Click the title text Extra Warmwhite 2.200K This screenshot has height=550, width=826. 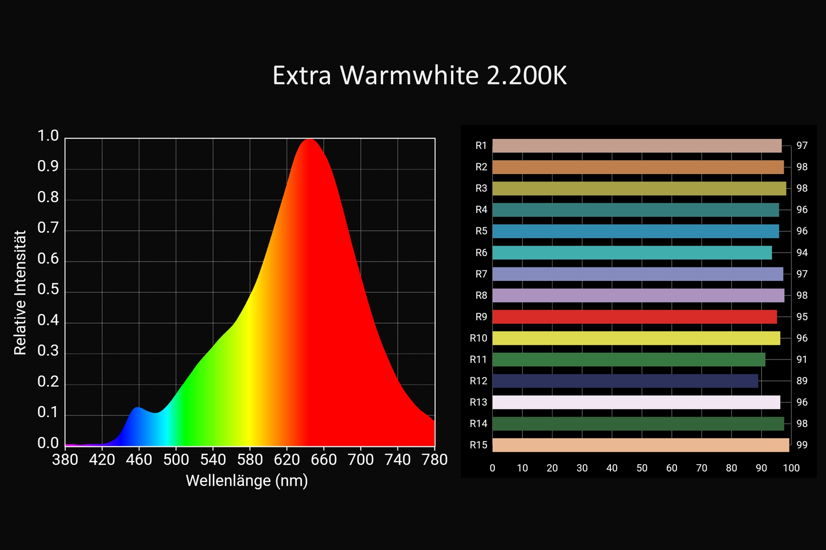[x=419, y=75]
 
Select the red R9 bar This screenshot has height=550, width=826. [x=635, y=317]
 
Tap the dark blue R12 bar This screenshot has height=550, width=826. [x=625, y=381]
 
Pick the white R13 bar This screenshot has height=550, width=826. [x=636, y=402]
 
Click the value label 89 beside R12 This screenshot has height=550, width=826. [x=802, y=381]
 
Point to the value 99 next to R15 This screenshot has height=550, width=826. [x=802, y=445]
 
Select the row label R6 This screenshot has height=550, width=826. [x=481, y=253]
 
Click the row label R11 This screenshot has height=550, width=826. [x=478, y=360]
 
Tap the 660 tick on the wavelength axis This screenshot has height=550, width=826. [x=324, y=459]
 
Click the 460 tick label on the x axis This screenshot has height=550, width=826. [x=139, y=459]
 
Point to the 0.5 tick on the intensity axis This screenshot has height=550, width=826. [x=48, y=290]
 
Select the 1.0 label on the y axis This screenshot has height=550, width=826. [x=48, y=136]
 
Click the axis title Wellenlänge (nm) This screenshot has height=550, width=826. [x=247, y=481]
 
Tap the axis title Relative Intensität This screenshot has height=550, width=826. [x=20, y=292]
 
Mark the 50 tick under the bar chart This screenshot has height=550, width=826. [x=642, y=468]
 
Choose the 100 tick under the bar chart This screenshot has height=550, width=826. [x=791, y=468]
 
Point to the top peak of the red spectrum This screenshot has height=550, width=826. [x=310, y=139]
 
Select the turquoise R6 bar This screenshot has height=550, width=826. [x=632, y=253]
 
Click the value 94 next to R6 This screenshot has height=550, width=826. [x=802, y=253]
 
